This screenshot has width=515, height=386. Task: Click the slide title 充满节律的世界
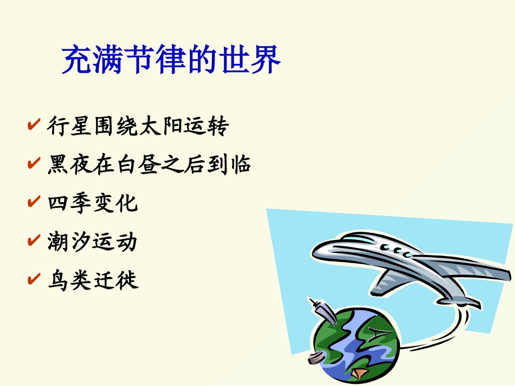point(171,60)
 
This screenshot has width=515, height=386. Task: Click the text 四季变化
point(93,203)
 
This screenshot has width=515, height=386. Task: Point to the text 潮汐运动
point(93,241)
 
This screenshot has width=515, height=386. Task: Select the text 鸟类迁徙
point(93,280)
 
